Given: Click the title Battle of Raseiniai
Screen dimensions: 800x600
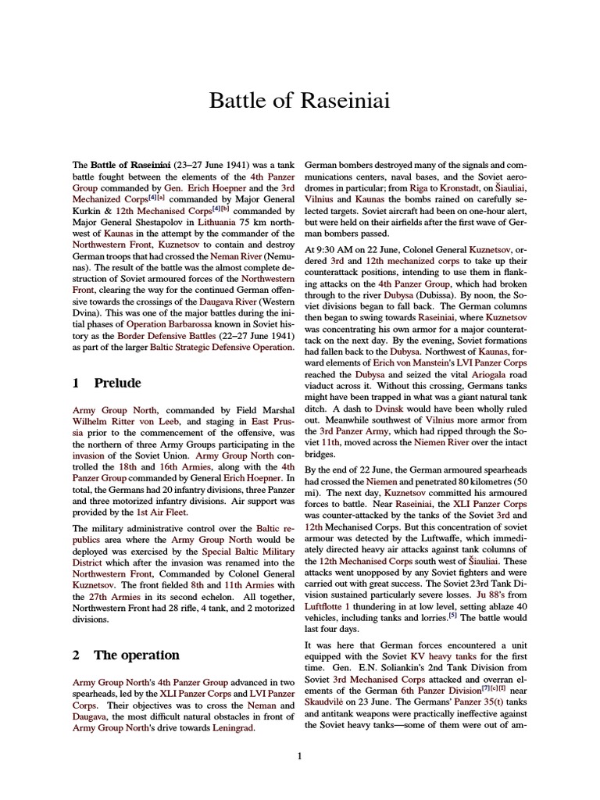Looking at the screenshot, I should [x=300, y=101].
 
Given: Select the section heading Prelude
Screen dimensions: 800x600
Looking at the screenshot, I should [x=117, y=383].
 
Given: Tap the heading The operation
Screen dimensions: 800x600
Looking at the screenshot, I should [x=136, y=655].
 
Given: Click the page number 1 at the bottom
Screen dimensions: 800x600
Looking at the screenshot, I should [x=299, y=755].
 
